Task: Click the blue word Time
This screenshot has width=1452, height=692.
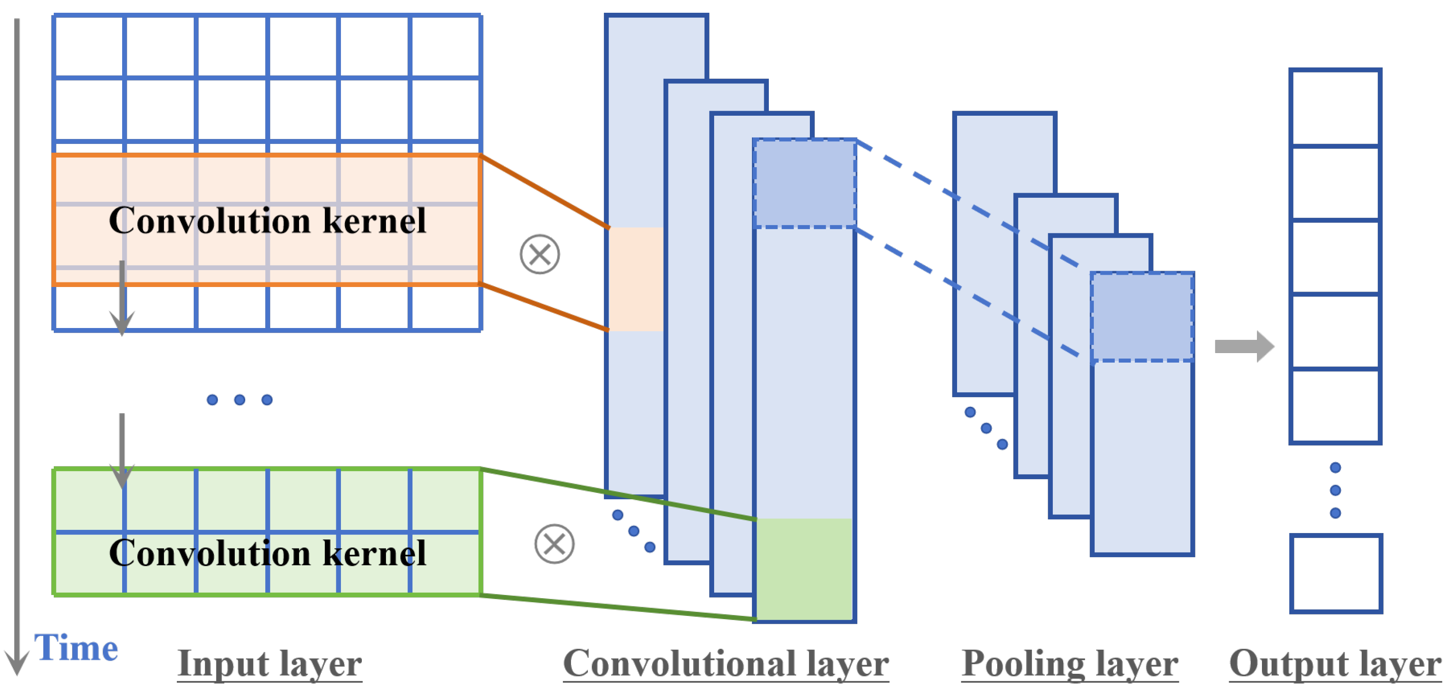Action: coord(76,648)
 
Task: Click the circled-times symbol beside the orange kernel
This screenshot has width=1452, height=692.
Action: coord(540,255)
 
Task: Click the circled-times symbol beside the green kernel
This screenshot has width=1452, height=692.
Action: coord(554,544)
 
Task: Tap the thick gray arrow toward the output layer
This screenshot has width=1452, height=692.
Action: coord(1243,346)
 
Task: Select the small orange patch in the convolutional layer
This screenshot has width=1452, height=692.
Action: coord(636,279)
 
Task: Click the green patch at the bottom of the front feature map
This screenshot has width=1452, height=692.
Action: coord(804,569)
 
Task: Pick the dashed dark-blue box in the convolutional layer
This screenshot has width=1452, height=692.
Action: coord(804,183)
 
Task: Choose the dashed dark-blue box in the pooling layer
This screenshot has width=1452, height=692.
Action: coord(1142,317)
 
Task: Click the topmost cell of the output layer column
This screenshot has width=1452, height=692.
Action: coord(1334,108)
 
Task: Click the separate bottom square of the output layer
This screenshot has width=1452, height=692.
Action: coord(1335,574)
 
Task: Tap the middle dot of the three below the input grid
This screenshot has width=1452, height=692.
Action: coord(240,400)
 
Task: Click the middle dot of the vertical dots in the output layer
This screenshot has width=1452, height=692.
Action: coord(1335,490)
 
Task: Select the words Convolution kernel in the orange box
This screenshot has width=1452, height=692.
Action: coord(267,220)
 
